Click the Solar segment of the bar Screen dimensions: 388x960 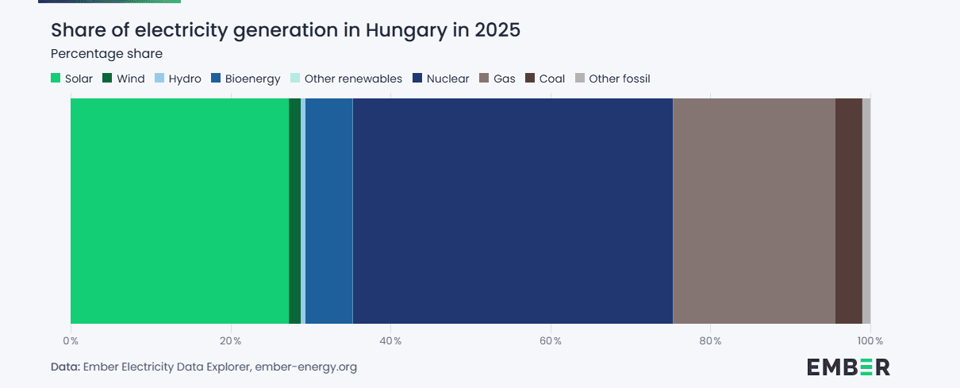click(x=179, y=210)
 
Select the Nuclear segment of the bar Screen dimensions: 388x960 click(x=513, y=210)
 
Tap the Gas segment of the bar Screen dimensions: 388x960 click(x=754, y=210)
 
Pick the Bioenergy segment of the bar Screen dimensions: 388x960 click(x=328, y=210)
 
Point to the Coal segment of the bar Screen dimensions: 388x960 click(x=848, y=210)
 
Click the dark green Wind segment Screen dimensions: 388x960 click(x=294, y=210)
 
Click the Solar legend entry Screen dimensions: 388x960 click(x=72, y=79)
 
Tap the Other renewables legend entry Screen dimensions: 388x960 click(x=346, y=79)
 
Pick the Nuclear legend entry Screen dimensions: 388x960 click(x=440, y=79)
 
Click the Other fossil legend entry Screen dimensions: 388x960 click(x=612, y=79)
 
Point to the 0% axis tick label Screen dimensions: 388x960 click(x=71, y=341)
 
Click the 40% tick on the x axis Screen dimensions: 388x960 click(x=391, y=341)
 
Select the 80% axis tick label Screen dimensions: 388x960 click(x=711, y=341)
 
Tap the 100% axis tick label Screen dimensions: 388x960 click(x=870, y=341)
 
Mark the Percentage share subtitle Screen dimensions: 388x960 click(x=106, y=54)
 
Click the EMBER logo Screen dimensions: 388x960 click(x=848, y=367)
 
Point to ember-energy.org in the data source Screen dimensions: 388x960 click(x=305, y=367)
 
